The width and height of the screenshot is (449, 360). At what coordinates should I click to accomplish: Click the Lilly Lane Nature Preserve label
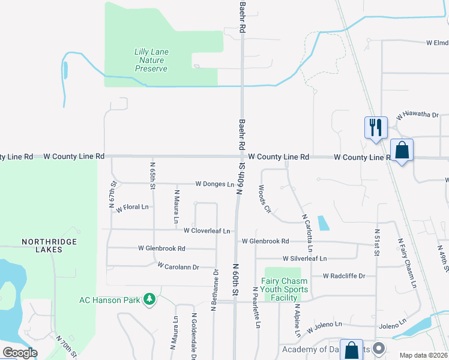click(151, 61)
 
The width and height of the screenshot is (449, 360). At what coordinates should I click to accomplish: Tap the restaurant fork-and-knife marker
click(376, 128)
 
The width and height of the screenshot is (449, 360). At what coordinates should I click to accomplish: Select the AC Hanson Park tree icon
click(149, 299)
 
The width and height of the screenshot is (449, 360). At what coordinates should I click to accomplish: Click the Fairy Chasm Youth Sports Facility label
click(284, 289)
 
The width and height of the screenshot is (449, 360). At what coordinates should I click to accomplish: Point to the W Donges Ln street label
click(214, 184)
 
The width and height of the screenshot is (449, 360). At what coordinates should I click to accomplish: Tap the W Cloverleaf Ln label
click(207, 230)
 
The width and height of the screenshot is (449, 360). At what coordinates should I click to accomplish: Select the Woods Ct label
click(265, 199)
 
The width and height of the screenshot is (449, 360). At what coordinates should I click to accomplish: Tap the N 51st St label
click(378, 241)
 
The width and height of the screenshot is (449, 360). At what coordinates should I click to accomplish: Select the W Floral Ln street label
click(133, 207)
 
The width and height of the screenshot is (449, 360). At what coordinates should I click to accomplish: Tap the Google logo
click(20, 352)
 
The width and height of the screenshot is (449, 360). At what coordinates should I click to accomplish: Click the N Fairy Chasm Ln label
click(408, 262)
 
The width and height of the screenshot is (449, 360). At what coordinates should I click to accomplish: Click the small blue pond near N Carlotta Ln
click(324, 223)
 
